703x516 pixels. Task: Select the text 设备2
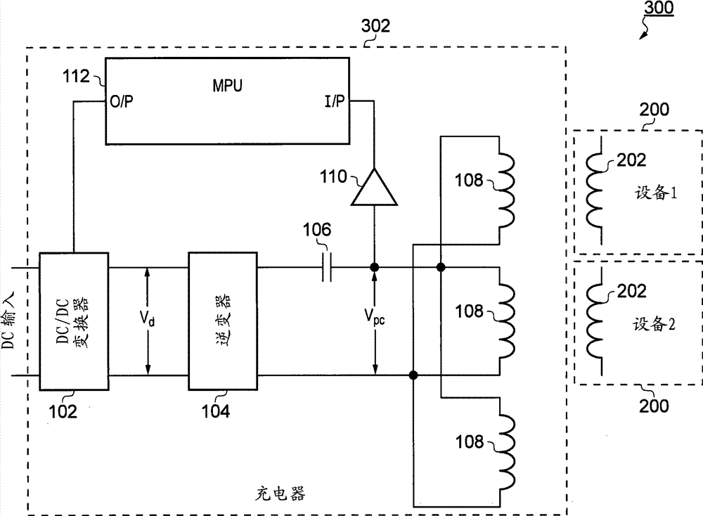coord(653,325)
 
